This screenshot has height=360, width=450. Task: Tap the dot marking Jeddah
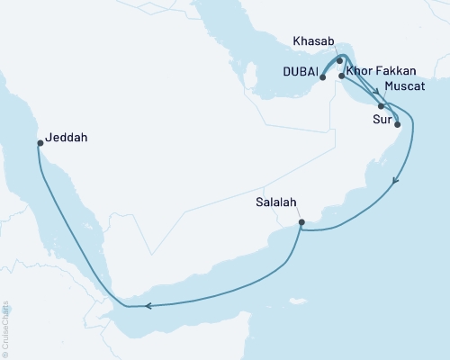[x=40, y=142]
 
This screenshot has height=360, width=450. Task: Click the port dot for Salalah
[x=301, y=222]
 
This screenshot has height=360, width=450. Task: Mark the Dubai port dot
[x=322, y=77]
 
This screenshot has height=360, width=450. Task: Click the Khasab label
[x=313, y=42]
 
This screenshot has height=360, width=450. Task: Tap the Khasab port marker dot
[x=339, y=61]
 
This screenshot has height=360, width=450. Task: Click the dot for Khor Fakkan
[x=342, y=76]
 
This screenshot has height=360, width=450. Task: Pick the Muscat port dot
[x=382, y=106]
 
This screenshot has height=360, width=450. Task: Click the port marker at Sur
[x=397, y=113]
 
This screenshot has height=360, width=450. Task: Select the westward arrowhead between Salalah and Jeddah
[x=149, y=305]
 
